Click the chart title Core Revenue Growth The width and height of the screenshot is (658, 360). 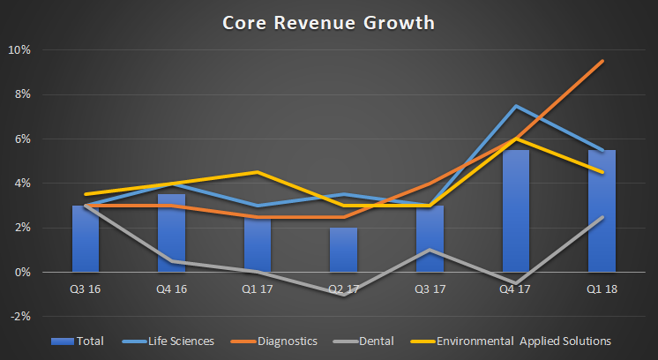328,22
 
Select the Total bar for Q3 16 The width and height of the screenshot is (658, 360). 86,239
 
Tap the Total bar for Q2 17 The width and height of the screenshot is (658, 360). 343,250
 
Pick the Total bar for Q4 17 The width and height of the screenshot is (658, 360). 516,211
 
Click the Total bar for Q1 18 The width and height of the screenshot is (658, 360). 602,211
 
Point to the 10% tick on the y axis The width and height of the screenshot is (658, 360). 20,50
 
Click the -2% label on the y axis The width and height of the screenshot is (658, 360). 20,317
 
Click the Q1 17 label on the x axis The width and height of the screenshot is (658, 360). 258,288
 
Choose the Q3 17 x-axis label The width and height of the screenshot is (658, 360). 430,288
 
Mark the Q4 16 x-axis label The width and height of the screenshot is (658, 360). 171,288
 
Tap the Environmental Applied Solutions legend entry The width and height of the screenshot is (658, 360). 512,341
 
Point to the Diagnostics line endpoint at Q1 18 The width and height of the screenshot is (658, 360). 602,61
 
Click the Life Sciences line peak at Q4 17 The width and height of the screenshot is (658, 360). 516,106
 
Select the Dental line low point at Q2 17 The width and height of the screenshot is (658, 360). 343,295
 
